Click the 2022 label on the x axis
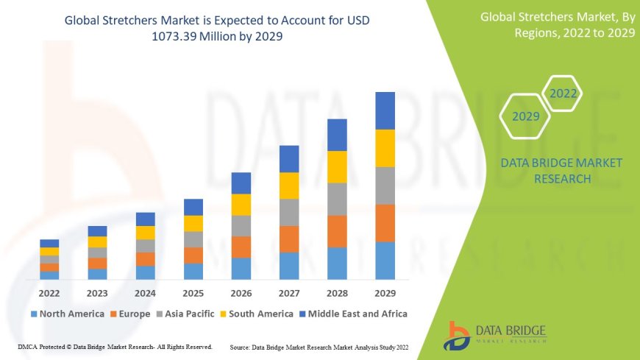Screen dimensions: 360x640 [x=49, y=292]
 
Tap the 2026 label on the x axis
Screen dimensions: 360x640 [x=241, y=292]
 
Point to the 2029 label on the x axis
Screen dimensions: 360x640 [x=385, y=292]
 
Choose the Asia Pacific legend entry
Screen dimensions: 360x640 [x=189, y=314]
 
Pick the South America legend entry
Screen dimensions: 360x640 [x=260, y=314]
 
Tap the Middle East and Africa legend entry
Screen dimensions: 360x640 [x=355, y=314]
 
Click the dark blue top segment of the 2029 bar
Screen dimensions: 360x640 [x=385, y=110]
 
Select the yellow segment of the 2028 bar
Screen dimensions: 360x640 [x=337, y=166]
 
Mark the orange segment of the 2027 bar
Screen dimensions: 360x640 [x=289, y=239]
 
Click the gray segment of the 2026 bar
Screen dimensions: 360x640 [x=241, y=225]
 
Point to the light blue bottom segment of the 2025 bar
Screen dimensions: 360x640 [x=193, y=271]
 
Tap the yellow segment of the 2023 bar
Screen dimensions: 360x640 [x=97, y=241]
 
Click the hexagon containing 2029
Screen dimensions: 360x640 [x=525, y=116]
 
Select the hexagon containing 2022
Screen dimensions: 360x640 [x=563, y=93]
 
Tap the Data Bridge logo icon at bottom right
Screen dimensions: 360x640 [x=458, y=335]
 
